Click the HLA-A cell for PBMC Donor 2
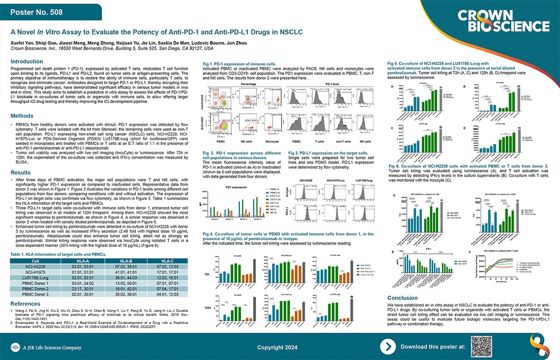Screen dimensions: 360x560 point(81,289)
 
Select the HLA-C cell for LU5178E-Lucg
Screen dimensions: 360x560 point(173,278)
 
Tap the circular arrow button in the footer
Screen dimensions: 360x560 point(387,347)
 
